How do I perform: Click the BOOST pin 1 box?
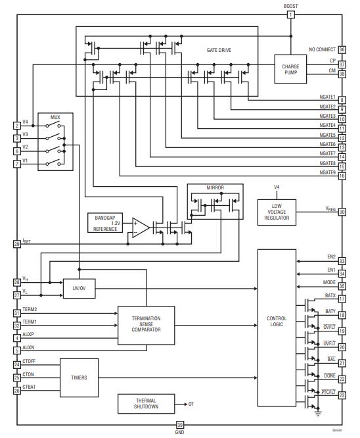click(x=290, y=14)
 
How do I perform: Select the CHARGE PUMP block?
click(x=290, y=70)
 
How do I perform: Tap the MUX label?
click(x=55, y=117)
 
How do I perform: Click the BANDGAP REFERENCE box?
click(x=105, y=223)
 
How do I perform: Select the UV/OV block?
click(x=79, y=287)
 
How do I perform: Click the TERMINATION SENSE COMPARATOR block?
click(x=146, y=326)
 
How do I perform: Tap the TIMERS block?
click(x=79, y=378)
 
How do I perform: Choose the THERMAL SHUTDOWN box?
click(x=146, y=404)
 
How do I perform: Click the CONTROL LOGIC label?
click(x=277, y=322)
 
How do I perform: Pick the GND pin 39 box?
click(x=180, y=425)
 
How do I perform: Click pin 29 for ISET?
click(x=17, y=244)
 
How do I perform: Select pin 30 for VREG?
click(x=342, y=212)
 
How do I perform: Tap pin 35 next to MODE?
click(x=342, y=286)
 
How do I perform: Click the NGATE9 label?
click(x=327, y=172)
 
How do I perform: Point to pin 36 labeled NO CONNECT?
click(x=342, y=50)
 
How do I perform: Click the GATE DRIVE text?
click(x=219, y=50)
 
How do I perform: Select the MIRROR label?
click(x=215, y=188)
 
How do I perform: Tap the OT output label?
click(x=191, y=404)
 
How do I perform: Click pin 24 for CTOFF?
click(x=17, y=364)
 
